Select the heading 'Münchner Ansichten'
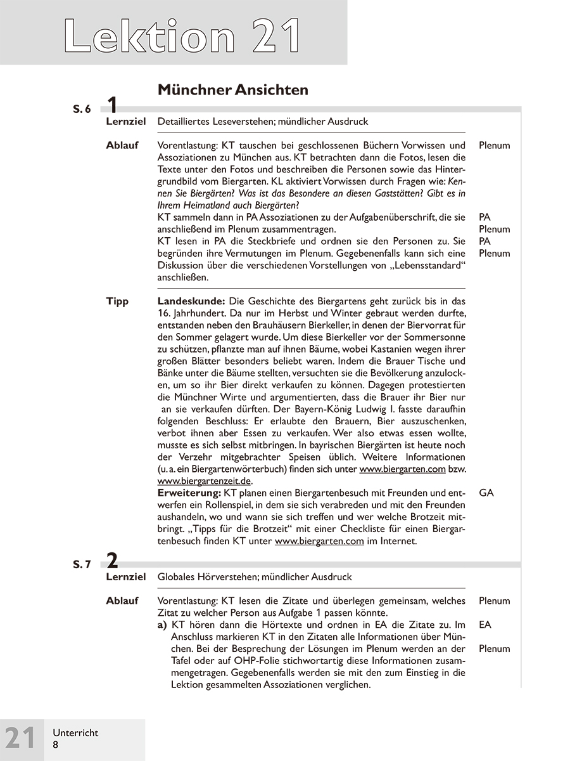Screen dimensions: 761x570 click(232, 90)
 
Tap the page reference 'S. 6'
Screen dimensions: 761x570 click(82, 109)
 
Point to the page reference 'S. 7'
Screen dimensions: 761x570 click(82, 564)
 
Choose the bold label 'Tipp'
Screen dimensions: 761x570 click(117, 301)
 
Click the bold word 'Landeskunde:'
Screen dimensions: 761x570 click(191, 301)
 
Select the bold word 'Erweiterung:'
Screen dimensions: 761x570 click(189, 493)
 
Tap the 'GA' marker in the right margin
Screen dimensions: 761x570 click(486, 493)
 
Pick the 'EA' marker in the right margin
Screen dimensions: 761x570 click(485, 625)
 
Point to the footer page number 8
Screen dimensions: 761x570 click(55, 745)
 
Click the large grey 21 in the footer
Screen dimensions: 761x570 click(21, 739)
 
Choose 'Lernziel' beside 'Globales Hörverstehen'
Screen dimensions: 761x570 click(126, 577)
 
